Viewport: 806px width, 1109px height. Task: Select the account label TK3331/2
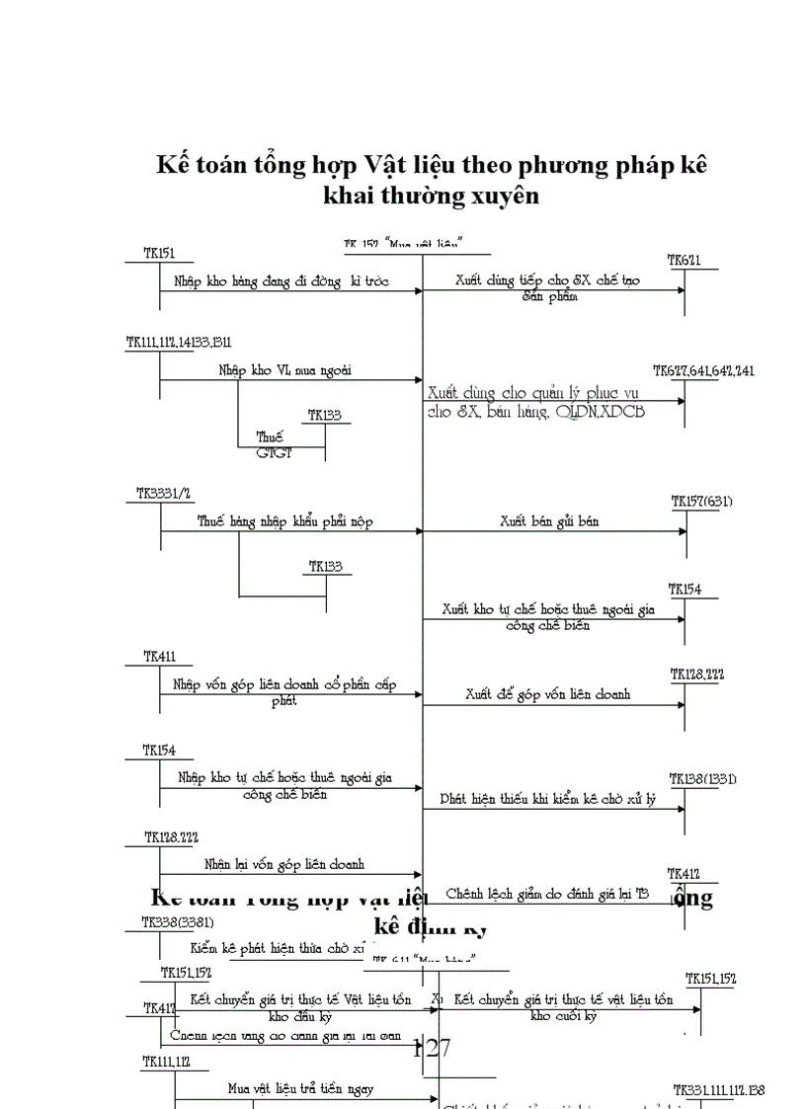(x=163, y=493)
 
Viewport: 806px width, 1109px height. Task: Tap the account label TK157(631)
(x=701, y=502)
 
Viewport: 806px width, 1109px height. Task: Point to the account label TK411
(x=160, y=656)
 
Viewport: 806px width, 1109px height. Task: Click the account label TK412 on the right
(x=684, y=873)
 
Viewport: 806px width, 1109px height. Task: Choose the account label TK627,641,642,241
(x=703, y=371)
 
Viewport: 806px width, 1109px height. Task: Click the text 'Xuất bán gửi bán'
(x=548, y=520)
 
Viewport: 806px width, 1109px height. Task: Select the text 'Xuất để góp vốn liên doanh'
(x=547, y=694)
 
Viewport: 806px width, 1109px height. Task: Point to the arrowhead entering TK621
(x=680, y=290)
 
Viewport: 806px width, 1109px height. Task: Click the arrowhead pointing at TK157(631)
(x=681, y=531)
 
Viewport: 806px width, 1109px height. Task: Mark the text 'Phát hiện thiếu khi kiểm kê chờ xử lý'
(x=547, y=799)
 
